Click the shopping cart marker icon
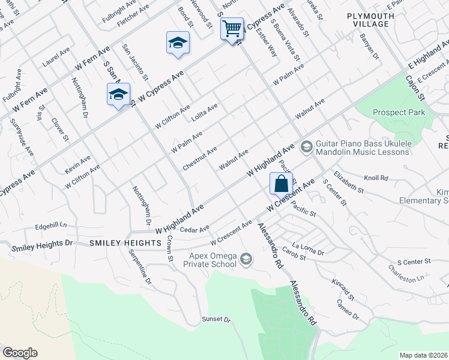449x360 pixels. (x=232, y=28)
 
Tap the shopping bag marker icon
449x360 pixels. (x=281, y=184)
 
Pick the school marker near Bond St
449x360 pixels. (x=178, y=43)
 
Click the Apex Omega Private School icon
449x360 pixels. (x=245, y=259)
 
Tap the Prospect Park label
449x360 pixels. (x=399, y=112)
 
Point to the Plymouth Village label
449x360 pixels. (x=371, y=20)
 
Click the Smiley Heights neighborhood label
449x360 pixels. (x=125, y=243)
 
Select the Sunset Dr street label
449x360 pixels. (x=216, y=320)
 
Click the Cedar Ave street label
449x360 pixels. (x=194, y=229)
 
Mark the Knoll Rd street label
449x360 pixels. (x=376, y=178)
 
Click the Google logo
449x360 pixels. (x=20, y=353)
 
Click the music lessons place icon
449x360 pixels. (x=306, y=146)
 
